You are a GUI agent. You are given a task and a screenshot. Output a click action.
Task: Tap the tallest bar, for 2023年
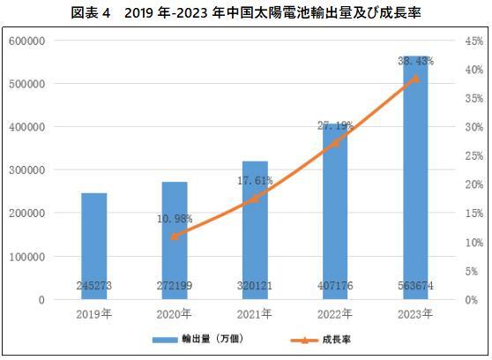[416, 176]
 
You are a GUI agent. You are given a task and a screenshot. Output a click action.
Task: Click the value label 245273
[93, 287]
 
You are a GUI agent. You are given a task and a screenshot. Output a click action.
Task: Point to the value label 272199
[175, 287]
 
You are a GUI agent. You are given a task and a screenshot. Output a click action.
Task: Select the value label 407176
[336, 287]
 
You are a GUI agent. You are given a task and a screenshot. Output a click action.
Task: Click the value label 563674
[416, 287]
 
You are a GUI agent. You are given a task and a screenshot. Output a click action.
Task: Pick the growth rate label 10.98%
[175, 218]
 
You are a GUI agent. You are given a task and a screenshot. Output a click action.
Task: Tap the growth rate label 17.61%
[255, 181]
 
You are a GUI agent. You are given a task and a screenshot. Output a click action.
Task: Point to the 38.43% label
[416, 61]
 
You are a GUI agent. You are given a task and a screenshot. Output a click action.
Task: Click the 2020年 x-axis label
[175, 313]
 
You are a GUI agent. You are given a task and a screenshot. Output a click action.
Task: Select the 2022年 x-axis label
[336, 313]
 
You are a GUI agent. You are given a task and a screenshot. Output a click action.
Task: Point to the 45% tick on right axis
[473, 41]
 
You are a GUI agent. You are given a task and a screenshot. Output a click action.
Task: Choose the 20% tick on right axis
[473, 184]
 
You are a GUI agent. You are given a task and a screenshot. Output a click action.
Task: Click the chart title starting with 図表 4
[247, 12]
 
